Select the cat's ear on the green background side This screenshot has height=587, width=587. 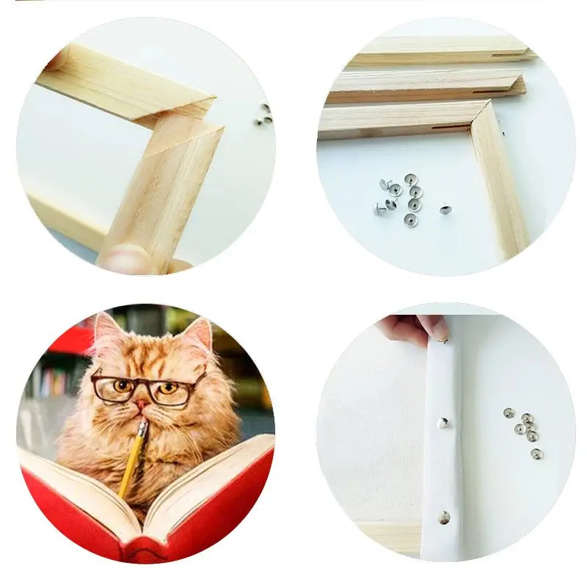[x=198, y=335]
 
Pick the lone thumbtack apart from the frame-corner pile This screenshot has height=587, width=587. [x=445, y=210]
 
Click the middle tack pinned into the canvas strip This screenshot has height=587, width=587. [x=442, y=422]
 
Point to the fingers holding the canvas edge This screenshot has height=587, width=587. [x=415, y=327]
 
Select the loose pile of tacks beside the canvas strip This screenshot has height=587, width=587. [x=524, y=430]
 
